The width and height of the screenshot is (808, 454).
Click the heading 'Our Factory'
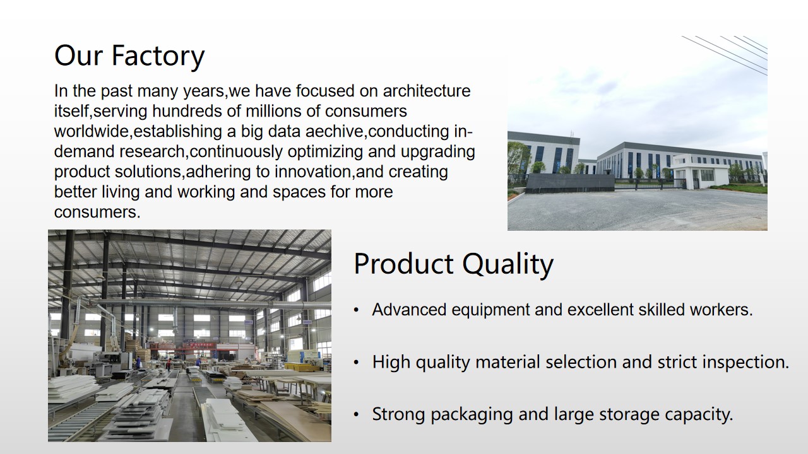129,56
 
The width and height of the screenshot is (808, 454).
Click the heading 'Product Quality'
453,264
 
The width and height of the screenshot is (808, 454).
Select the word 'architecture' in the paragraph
426,91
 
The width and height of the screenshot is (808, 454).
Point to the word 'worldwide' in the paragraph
92,131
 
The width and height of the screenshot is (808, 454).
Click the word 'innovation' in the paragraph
312,172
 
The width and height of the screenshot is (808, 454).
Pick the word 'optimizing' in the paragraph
325,151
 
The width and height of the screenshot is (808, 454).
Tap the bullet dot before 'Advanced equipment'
356,310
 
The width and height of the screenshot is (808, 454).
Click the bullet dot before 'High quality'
356,363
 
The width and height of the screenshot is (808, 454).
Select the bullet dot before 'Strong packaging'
356,415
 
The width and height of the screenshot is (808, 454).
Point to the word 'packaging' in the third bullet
472,414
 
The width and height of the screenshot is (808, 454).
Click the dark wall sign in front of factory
569,183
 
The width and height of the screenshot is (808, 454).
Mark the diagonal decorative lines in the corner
725,55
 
